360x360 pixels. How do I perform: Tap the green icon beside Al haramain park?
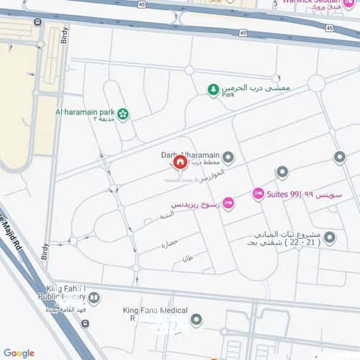123,113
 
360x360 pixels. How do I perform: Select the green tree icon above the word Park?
213,89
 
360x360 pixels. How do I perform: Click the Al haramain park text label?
84,113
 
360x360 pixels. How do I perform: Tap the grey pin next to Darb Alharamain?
228,157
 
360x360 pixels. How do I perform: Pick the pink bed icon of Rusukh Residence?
228,204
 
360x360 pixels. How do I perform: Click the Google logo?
19,353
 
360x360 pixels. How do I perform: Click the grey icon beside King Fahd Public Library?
93,297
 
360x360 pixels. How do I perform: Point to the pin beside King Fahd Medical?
196,319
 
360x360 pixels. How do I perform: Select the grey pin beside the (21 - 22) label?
329,237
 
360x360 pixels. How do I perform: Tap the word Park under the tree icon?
229,94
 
